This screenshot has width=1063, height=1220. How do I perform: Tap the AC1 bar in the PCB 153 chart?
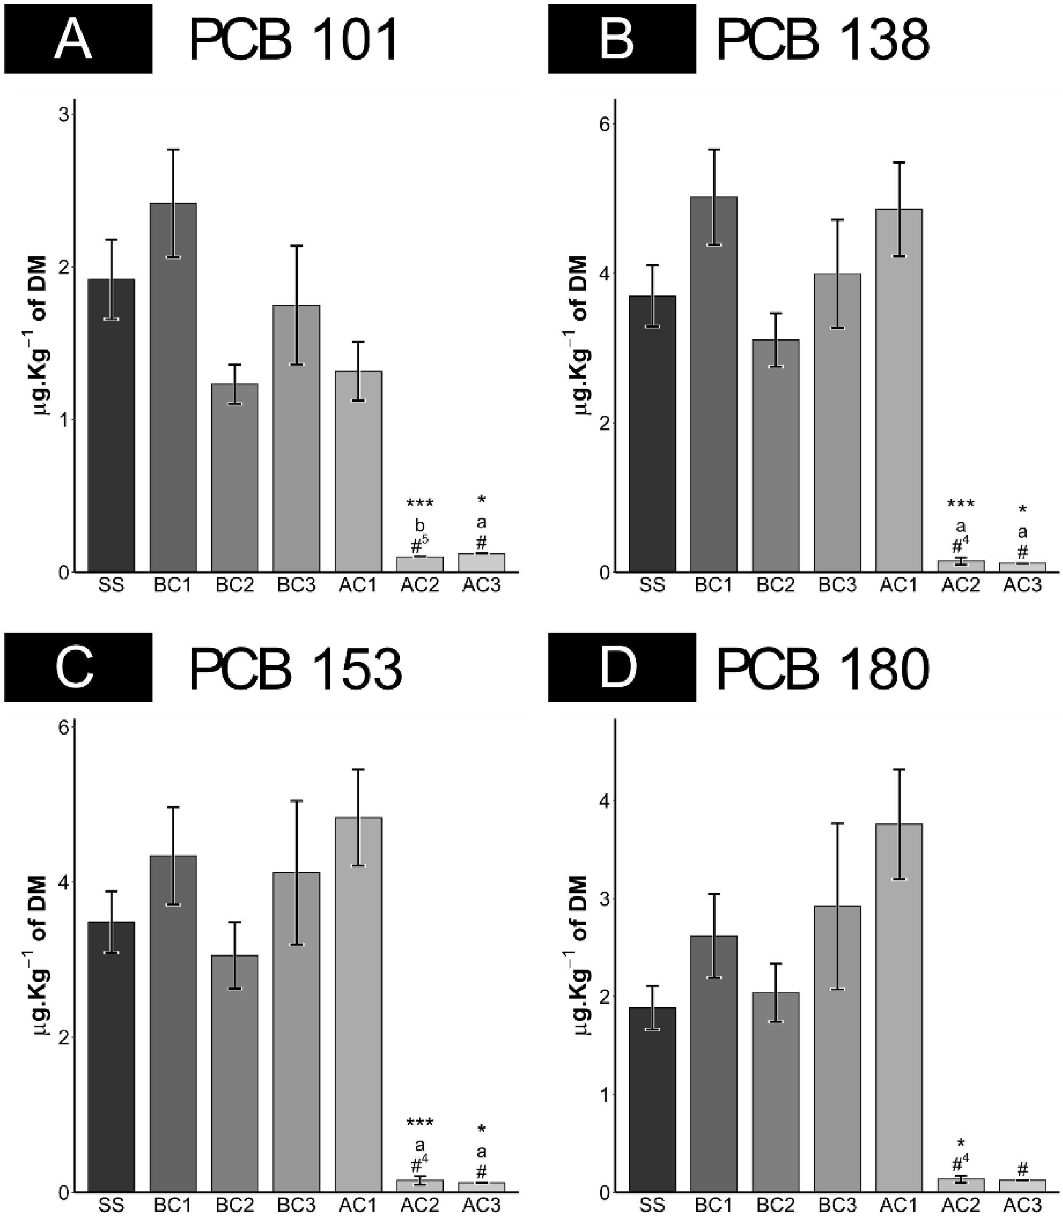coord(358,1008)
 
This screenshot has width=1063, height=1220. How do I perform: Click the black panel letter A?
coord(74,39)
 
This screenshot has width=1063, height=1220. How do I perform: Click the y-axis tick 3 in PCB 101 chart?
coord(62,114)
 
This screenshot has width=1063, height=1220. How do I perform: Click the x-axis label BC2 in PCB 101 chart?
coord(235,586)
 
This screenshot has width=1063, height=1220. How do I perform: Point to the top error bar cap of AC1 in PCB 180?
coord(899,769)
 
